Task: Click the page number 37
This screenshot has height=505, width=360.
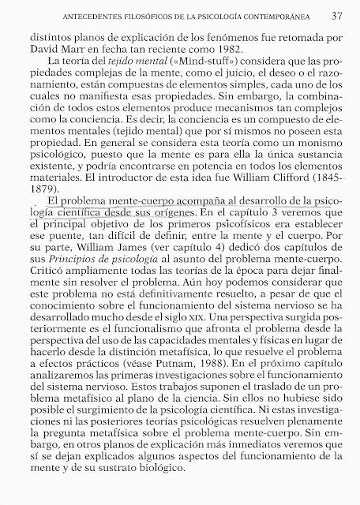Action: click(x=336, y=15)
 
